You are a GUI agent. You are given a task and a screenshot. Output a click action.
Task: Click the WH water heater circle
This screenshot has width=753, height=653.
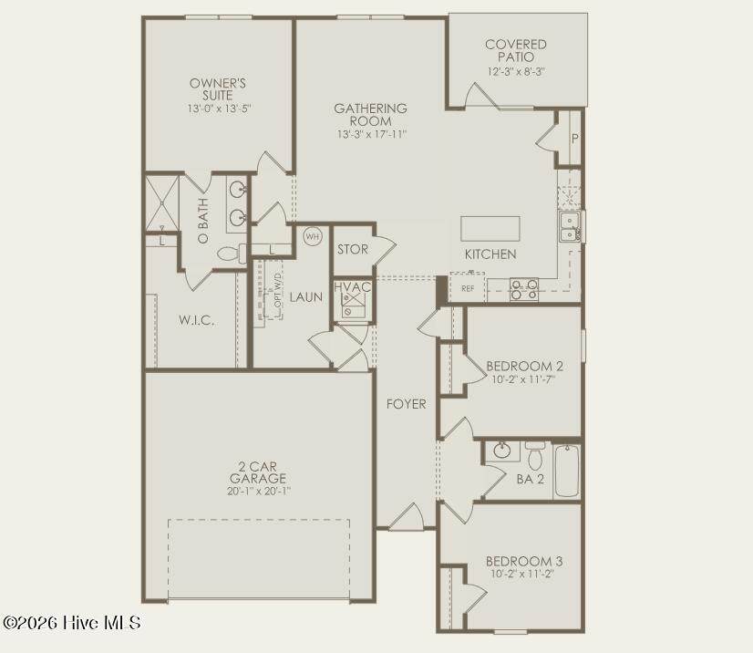[x=313, y=236]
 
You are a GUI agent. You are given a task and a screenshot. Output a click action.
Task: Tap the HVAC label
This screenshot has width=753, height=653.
[x=353, y=287]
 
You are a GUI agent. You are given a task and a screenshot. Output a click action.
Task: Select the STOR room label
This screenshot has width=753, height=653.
[x=353, y=249]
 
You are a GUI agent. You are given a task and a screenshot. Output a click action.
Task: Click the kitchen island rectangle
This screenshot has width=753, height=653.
[x=490, y=229]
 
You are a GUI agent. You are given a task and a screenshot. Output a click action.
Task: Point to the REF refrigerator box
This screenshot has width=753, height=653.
[x=468, y=288]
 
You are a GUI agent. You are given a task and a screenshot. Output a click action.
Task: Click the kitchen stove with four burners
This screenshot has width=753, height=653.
[x=524, y=290]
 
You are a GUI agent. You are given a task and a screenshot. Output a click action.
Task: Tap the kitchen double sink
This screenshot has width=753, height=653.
[x=570, y=227]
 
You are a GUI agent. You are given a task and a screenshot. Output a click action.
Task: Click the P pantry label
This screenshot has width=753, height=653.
[x=575, y=139]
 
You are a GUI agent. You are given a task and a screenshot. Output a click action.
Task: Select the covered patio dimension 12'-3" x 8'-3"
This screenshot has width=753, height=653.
[x=516, y=72]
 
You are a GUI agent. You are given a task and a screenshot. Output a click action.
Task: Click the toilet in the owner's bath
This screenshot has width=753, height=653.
[x=232, y=254]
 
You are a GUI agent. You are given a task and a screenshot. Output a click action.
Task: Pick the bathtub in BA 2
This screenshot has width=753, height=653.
[x=567, y=471]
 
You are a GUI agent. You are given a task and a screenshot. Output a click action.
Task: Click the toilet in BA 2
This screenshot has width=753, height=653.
[x=535, y=455]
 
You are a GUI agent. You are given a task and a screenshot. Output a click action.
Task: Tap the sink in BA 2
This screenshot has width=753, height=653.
[x=502, y=451]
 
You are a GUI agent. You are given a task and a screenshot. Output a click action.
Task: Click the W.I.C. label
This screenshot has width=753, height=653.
[x=196, y=320]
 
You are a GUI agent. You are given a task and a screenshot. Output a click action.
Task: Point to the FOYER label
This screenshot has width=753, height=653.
[x=407, y=404]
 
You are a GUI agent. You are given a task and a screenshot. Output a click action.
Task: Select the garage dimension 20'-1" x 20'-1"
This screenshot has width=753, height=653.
[x=259, y=492]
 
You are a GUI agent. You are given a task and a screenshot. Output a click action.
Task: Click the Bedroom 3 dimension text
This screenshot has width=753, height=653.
[x=522, y=574]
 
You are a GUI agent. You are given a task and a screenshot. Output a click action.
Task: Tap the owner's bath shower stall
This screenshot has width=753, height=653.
[x=162, y=203]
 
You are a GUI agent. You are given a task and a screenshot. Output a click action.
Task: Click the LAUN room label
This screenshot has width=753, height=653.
[x=306, y=297]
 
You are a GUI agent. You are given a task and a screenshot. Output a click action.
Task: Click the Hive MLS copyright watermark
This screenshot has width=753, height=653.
[x=71, y=623]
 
